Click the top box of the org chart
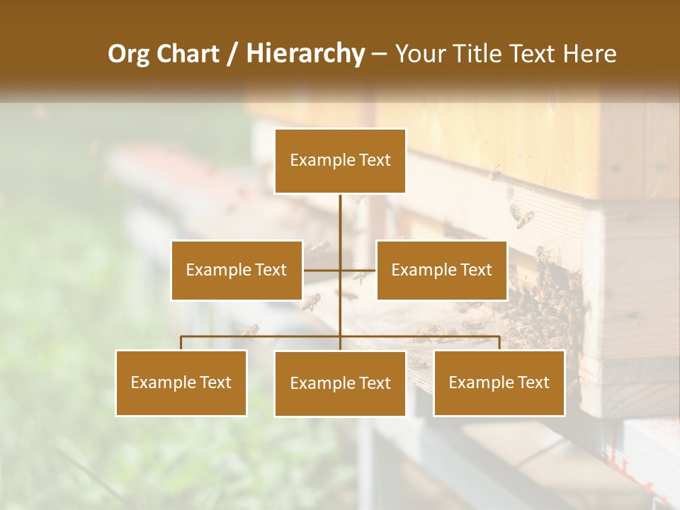coord(340,161)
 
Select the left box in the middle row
coord(237,270)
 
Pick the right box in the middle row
coord(441,270)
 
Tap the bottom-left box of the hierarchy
coord(181,382)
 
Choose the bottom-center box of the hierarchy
coord(340,383)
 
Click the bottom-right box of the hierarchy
coord(499,382)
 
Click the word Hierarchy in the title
coord(305,54)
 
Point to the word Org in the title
coord(128,54)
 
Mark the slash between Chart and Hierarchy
coord(232,54)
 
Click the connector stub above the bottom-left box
coord(181,343)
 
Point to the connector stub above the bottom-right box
coord(499,343)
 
